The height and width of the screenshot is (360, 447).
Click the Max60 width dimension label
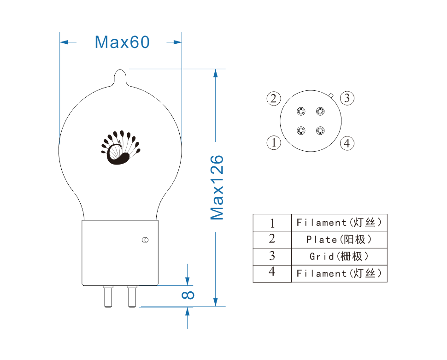tap(122, 42)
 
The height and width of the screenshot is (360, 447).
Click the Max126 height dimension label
tap(217, 188)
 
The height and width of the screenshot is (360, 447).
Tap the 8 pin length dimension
tap(188, 295)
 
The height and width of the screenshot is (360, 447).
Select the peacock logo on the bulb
tap(121, 148)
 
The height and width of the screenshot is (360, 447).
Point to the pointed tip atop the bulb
tap(120, 69)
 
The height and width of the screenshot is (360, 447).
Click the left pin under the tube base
tap(108, 296)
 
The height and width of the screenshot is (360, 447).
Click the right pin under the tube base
tap(132, 296)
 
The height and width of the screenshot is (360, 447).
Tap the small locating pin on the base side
tap(145, 240)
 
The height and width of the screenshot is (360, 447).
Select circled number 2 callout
tap(274, 99)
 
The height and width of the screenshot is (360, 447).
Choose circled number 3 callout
tap(347, 98)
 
